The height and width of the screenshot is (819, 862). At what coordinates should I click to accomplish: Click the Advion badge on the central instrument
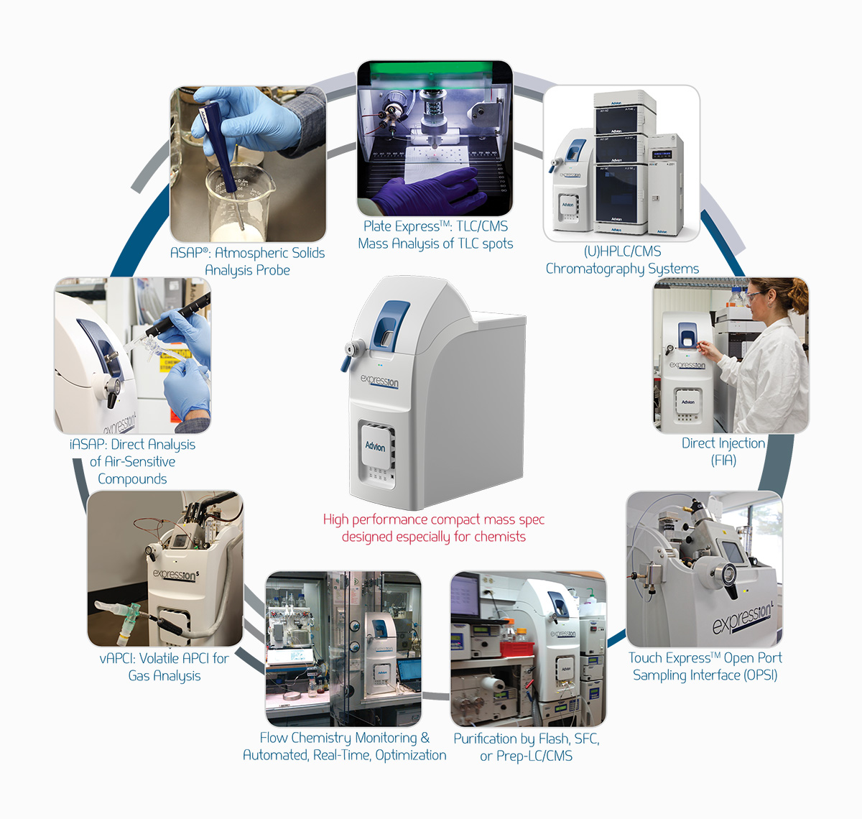coord(375,447)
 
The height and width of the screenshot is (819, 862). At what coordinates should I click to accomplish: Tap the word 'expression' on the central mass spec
coord(380,381)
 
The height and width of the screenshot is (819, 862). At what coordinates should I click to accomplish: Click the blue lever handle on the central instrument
coord(346,364)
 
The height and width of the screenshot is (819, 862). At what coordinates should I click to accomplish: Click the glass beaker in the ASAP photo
coord(240,202)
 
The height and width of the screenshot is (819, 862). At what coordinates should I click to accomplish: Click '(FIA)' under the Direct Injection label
coord(723,461)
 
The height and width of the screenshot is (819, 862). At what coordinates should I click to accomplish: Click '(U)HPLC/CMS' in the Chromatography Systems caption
coord(622,251)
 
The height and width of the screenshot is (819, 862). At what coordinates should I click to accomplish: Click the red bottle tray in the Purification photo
coord(517,649)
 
